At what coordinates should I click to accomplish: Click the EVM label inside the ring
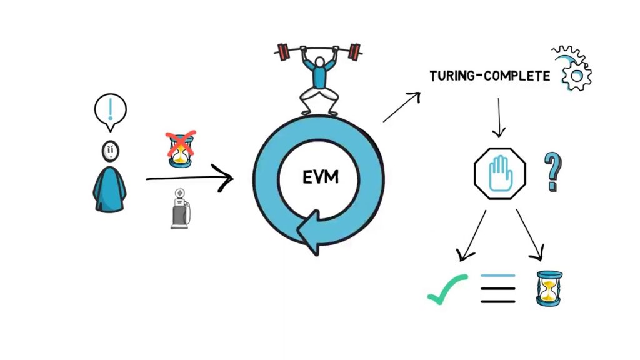(320, 177)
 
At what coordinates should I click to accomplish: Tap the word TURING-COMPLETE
(489, 76)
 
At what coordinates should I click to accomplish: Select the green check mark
(447, 288)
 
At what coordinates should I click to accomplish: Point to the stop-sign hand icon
(500, 173)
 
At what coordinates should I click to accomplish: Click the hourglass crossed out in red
(181, 149)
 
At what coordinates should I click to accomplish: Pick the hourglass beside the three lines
(548, 288)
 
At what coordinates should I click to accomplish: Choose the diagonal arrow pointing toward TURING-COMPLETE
(401, 106)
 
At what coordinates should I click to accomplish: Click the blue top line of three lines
(498, 276)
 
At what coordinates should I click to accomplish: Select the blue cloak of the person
(110, 189)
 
